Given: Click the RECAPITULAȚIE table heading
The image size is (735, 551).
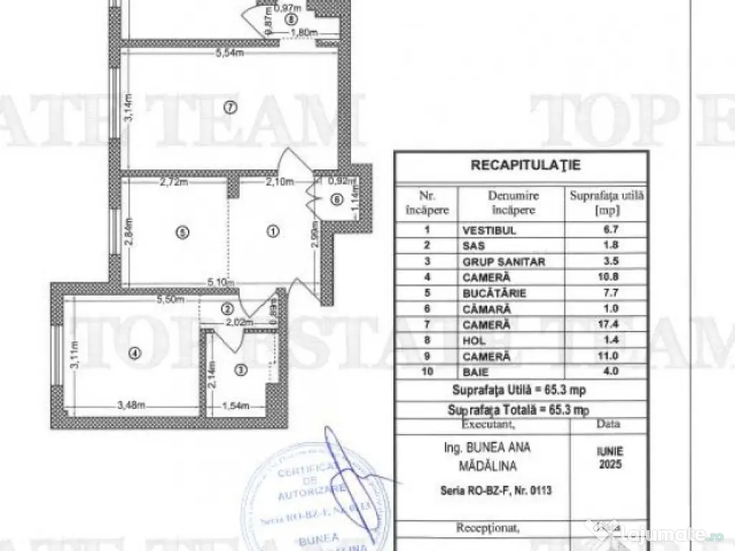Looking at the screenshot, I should [x=525, y=165].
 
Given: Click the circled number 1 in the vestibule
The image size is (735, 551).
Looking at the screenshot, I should [x=273, y=232].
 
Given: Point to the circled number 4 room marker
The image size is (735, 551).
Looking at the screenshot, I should [x=133, y=352].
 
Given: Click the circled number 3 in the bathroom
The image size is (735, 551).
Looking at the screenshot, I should [x=240, y=370].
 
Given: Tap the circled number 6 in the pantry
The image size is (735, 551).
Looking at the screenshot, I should [x=337, y=200].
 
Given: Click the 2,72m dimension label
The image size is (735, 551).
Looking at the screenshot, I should [x=173, y=182].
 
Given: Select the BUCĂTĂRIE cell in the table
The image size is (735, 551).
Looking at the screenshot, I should [x=495, y=293].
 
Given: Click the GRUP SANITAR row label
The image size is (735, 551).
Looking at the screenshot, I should [x=504, y=262].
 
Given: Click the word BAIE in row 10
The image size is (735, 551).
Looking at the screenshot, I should [x=477, y=372].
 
